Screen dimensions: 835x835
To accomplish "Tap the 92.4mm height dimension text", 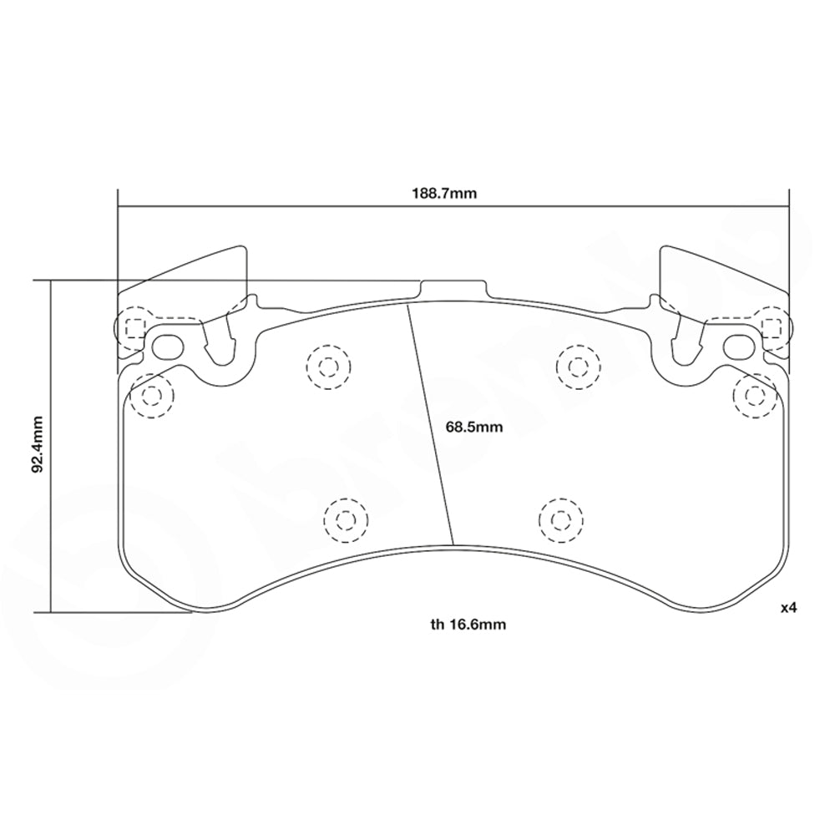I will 37,446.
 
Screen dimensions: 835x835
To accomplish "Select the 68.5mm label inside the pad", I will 473,428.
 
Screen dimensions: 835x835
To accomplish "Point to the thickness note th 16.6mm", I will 469,623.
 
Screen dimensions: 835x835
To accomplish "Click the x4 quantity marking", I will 789,609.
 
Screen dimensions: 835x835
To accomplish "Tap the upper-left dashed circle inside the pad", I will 326,366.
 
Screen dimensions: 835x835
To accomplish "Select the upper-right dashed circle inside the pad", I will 576,366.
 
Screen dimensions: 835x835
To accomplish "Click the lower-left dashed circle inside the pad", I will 344,519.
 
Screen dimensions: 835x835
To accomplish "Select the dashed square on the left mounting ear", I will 134,326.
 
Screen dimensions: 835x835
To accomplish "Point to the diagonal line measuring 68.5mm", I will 431,426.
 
